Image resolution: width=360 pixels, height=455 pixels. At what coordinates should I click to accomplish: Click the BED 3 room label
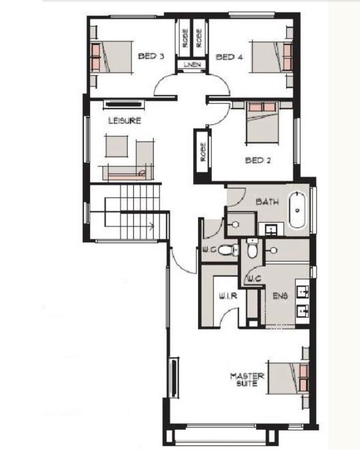coord(151,56)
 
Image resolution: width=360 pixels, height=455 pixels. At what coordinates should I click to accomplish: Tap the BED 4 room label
coord(229,57)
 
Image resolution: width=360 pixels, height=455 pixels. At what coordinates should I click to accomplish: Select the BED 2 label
coord(258,160)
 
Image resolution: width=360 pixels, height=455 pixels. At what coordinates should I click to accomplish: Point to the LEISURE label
coord(125,121)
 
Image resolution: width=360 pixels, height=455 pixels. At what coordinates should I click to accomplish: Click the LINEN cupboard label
coord(192,64)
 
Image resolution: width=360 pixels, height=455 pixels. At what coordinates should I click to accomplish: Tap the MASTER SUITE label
coord(247,379)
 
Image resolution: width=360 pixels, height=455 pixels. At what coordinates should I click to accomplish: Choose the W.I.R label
coord(228,296)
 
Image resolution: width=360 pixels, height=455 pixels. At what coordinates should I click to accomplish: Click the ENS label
coord(280,296)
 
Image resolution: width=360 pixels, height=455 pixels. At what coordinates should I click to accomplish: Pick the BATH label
coord(267,201)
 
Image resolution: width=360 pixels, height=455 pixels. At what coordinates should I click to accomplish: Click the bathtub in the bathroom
coord(297,210)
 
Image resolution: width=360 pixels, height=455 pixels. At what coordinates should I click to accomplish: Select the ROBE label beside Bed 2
coord(203,152)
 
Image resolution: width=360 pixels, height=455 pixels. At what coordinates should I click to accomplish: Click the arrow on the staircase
coord(152,225)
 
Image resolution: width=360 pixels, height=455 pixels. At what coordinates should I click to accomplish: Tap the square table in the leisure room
coord(117,146)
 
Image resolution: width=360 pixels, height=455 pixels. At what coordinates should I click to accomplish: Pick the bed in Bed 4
coord(272,57)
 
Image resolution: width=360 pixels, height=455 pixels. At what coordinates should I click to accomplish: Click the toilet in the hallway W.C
coord(228,250)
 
